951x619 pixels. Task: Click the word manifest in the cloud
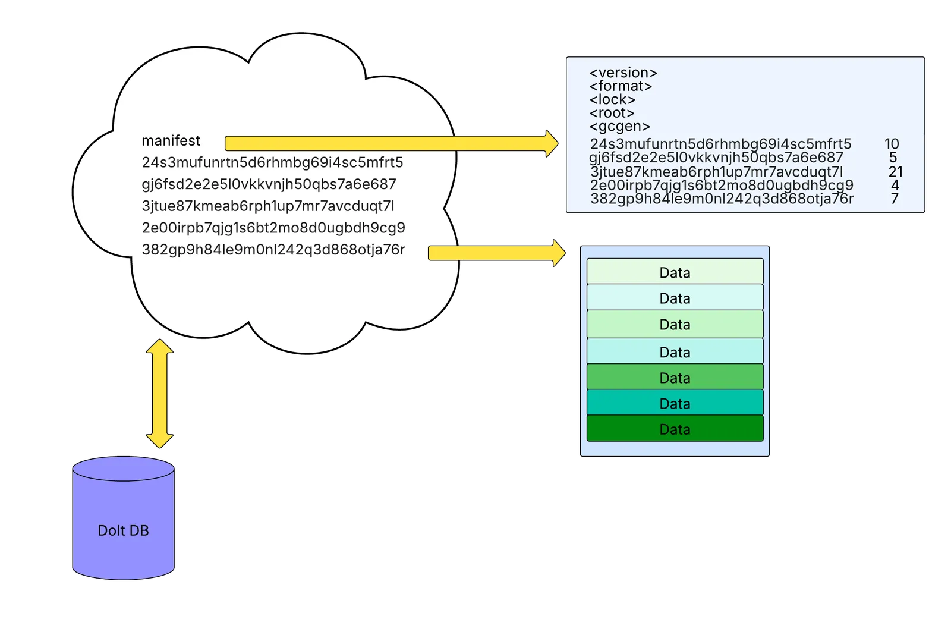[x=171, y=141]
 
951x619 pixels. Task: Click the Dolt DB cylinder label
[x=123, y=530]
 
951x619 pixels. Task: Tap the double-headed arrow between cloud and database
[x=160, y=394]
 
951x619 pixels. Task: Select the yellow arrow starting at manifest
[x=386, y=143]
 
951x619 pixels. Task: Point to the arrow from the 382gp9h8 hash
[x=493, y=253]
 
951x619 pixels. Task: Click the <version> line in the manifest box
[x=623, y=73]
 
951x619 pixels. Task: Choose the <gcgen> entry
[x=619, y=126]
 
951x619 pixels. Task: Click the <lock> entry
[x=612, y=99]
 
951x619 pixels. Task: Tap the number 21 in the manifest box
[x=895, y=172]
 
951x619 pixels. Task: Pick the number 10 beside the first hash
[x=892, y=144]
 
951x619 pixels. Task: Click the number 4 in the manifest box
[x=895, y=185]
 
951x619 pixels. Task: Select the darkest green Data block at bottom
[x=675, y=429]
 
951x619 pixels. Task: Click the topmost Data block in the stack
[x=675, y=272]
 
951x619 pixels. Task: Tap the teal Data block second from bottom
[x=675, y=403]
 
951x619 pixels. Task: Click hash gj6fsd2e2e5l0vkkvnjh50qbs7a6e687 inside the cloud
[x=269, y=184]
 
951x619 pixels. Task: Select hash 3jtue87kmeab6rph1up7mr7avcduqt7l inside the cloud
[x=267, y=206]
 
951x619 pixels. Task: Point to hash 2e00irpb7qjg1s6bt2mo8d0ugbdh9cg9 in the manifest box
[x=722, y=185]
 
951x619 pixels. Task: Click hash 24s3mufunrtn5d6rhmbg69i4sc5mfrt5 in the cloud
[x=272, y=162]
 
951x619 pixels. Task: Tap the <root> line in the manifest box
[x=612, y=113]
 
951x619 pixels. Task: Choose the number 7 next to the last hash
[x=895, y=199]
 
